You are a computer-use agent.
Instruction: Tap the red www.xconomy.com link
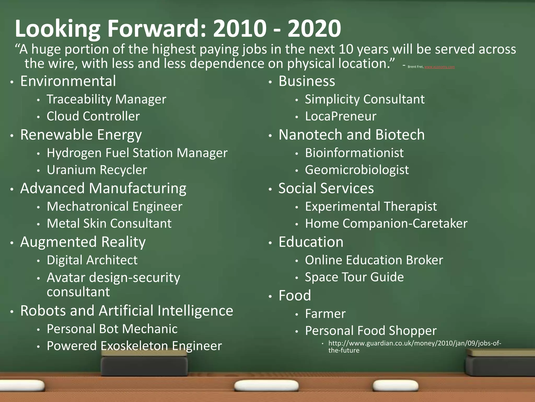point(439,67)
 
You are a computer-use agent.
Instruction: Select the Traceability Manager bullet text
point(106,99)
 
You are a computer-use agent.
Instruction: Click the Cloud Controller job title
point(93,116)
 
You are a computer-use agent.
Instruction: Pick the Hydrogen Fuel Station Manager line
point(137,153)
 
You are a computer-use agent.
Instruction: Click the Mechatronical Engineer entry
point(114,206)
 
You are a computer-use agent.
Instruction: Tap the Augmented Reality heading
point(83,242)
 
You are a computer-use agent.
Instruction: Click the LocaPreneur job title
point(340,116)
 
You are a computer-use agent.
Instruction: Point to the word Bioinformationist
point(354,153)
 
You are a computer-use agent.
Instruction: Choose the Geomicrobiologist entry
point(357,170)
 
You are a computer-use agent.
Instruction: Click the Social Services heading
point(326,188)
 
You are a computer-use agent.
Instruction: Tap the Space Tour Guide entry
point(354,277)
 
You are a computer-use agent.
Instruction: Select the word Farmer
point(325,314)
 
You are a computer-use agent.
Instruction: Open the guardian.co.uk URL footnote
point(415,347)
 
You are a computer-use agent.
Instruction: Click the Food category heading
point(295,296)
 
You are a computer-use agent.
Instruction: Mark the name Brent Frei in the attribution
point(415,67)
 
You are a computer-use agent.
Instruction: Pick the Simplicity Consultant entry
point(365,99)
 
